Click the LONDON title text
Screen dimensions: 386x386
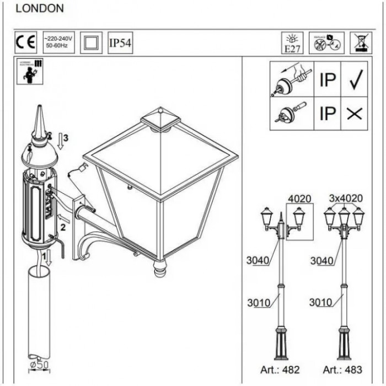tap(40, 8)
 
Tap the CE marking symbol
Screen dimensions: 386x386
tap(25, 42)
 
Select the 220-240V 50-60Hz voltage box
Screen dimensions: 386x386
tap(58, 42)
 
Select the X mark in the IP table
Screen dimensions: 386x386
tap(355, 113)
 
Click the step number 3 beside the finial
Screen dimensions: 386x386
tap(65, 138)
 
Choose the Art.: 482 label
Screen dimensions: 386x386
tap(280, 370)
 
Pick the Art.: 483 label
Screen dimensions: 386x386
tap(342, 370)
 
